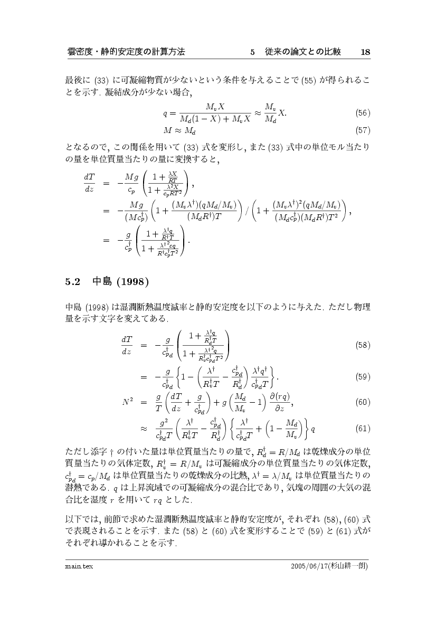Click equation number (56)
click(x=362, y=113)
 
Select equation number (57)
click(x=362, y=129)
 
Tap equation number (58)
click(x=362, y=345)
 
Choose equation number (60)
click(x=362, y=402)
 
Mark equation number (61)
click(x=362, y=428)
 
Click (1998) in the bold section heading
click(x=130, y=280)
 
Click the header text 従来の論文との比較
click(x=303, y=52)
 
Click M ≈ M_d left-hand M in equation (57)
click(x=168, y=129)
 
